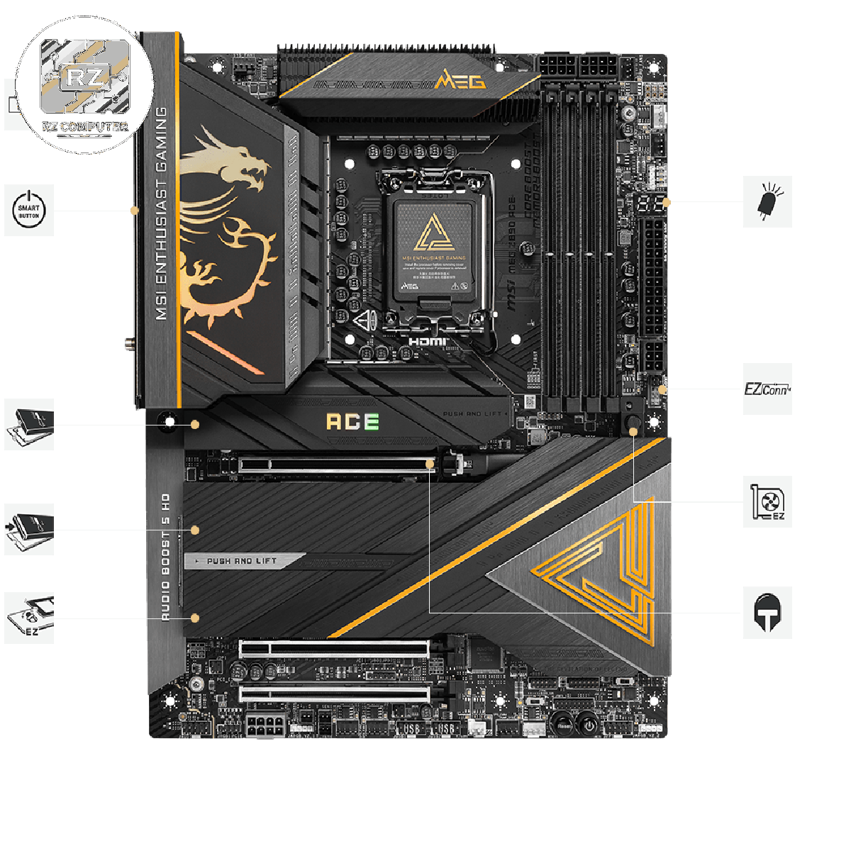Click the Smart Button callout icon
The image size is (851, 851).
(29, 210)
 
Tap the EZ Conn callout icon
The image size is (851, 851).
(767, 389)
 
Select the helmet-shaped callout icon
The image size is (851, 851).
(767, 613)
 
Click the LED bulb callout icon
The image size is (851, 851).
(767, 202)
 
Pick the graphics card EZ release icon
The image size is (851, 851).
(767, 501)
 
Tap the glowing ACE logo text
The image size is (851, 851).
(352, 421)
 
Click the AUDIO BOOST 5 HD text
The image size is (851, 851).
(165, 557)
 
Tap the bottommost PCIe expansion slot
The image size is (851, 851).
(334, 693)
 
